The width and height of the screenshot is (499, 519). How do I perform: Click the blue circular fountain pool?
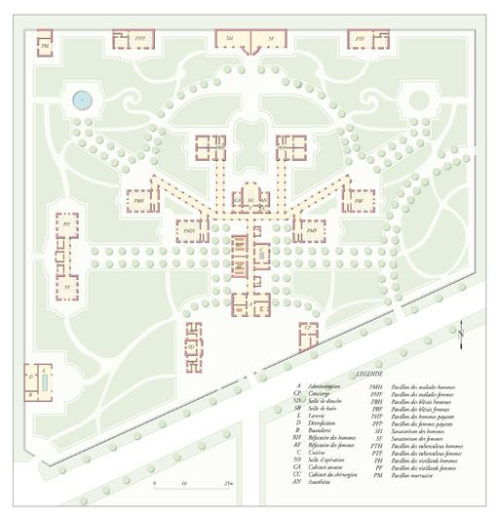(81, 98)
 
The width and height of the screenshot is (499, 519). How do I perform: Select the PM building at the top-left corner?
(44, 46)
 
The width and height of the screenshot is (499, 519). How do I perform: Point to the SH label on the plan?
(230, 38)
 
